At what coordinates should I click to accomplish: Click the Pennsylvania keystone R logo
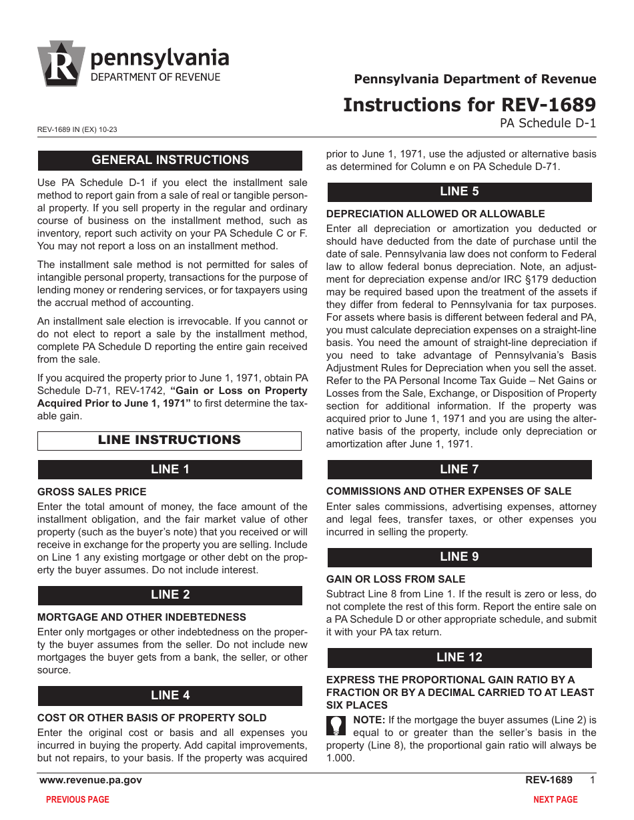coord(61,64)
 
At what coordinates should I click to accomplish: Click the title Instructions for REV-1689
coord(469,105)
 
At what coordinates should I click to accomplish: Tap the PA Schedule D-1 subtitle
coord(548,123)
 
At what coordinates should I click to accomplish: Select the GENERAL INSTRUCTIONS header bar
coord(170,160)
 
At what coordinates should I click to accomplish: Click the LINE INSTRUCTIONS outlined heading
coord(170,441)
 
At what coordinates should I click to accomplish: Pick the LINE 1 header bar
coord(170,469)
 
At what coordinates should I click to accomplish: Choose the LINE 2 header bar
coord(170,595)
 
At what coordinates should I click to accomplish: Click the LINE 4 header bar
coord(170,695)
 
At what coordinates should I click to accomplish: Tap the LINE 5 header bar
coord(459,192)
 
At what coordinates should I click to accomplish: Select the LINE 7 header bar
coord(459,469)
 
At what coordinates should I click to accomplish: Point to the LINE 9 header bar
coord(459,557)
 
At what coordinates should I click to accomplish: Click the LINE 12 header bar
coord(459,658)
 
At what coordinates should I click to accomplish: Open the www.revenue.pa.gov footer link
coord(91,780)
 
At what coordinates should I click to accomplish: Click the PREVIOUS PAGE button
coord(77,799)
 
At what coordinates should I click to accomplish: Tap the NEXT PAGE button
coord(555,799)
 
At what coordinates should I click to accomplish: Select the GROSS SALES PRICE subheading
coord(91,492)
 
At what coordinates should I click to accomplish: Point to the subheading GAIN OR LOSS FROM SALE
coord(396,579)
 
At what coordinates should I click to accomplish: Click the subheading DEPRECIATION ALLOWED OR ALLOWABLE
coord(435,214)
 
